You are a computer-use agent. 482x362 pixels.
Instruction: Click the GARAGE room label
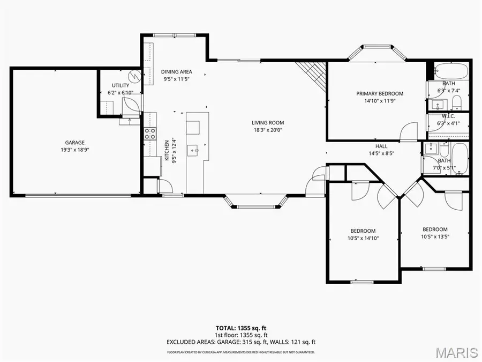[75, 142]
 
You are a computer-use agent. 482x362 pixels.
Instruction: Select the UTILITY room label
[120, 85]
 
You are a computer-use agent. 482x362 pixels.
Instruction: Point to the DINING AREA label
[176, 72]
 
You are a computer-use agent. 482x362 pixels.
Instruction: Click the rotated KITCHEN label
[167, 150]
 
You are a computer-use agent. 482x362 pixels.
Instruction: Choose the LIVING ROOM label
[268, 122]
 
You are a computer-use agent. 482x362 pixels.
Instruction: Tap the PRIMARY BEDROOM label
[380, 93]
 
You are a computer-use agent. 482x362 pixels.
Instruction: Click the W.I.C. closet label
[448, 116]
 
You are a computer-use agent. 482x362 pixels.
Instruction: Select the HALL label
[381, 146]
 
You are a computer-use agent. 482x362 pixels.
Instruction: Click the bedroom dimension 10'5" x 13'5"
[434, 237]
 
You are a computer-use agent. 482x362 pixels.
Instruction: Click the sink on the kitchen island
[193, 150]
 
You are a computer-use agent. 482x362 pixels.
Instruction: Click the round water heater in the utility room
[134, 76]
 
